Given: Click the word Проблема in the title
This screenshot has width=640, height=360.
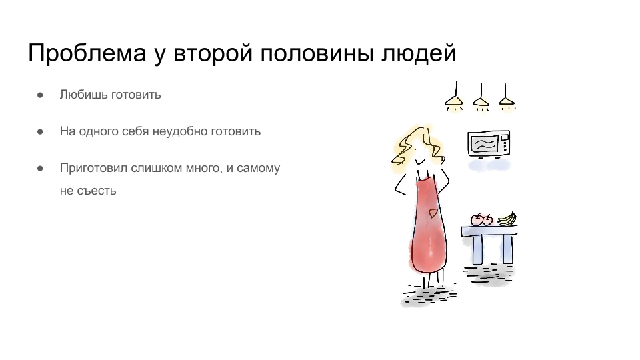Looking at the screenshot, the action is click(x=87, y=53).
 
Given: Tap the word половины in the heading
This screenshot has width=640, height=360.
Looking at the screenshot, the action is click(x=317, y=53).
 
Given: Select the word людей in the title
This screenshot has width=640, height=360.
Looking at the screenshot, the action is click(x=419, y=53).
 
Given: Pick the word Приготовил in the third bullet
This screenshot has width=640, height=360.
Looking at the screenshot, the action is click(x=93, y=168).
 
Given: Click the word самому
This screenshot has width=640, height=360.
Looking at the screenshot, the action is click(x=259, y=168).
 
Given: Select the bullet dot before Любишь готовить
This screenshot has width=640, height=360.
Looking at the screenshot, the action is click(x=40, y=95).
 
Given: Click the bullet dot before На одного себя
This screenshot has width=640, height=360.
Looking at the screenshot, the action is click(x=40, y=132).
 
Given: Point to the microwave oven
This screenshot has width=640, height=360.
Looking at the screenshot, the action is click(x=489, y=144).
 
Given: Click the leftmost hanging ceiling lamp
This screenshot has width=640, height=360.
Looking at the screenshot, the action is click(x=454, y=98).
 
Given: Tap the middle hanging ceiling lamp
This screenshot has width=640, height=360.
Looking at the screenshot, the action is click(x=481, y=99).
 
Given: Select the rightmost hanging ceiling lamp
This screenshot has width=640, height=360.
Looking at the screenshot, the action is click(x=506, y=98).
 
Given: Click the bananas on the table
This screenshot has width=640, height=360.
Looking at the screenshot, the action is click(x=507, y=219).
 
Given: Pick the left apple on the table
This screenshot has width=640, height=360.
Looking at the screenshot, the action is click(x=476, y=219).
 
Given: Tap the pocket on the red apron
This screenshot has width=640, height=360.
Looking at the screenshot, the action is click(x=433, y=213).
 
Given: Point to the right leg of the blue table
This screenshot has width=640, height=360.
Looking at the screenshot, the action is click(x=507, y=249).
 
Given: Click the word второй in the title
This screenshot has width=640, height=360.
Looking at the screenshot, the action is click(x=213, y=53).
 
